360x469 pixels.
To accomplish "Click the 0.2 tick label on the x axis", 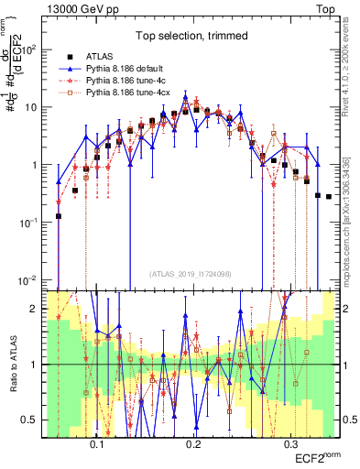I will point(193,442).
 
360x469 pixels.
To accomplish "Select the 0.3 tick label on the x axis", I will point(290,442).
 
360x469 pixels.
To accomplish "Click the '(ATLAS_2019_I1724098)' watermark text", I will point(191,272).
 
